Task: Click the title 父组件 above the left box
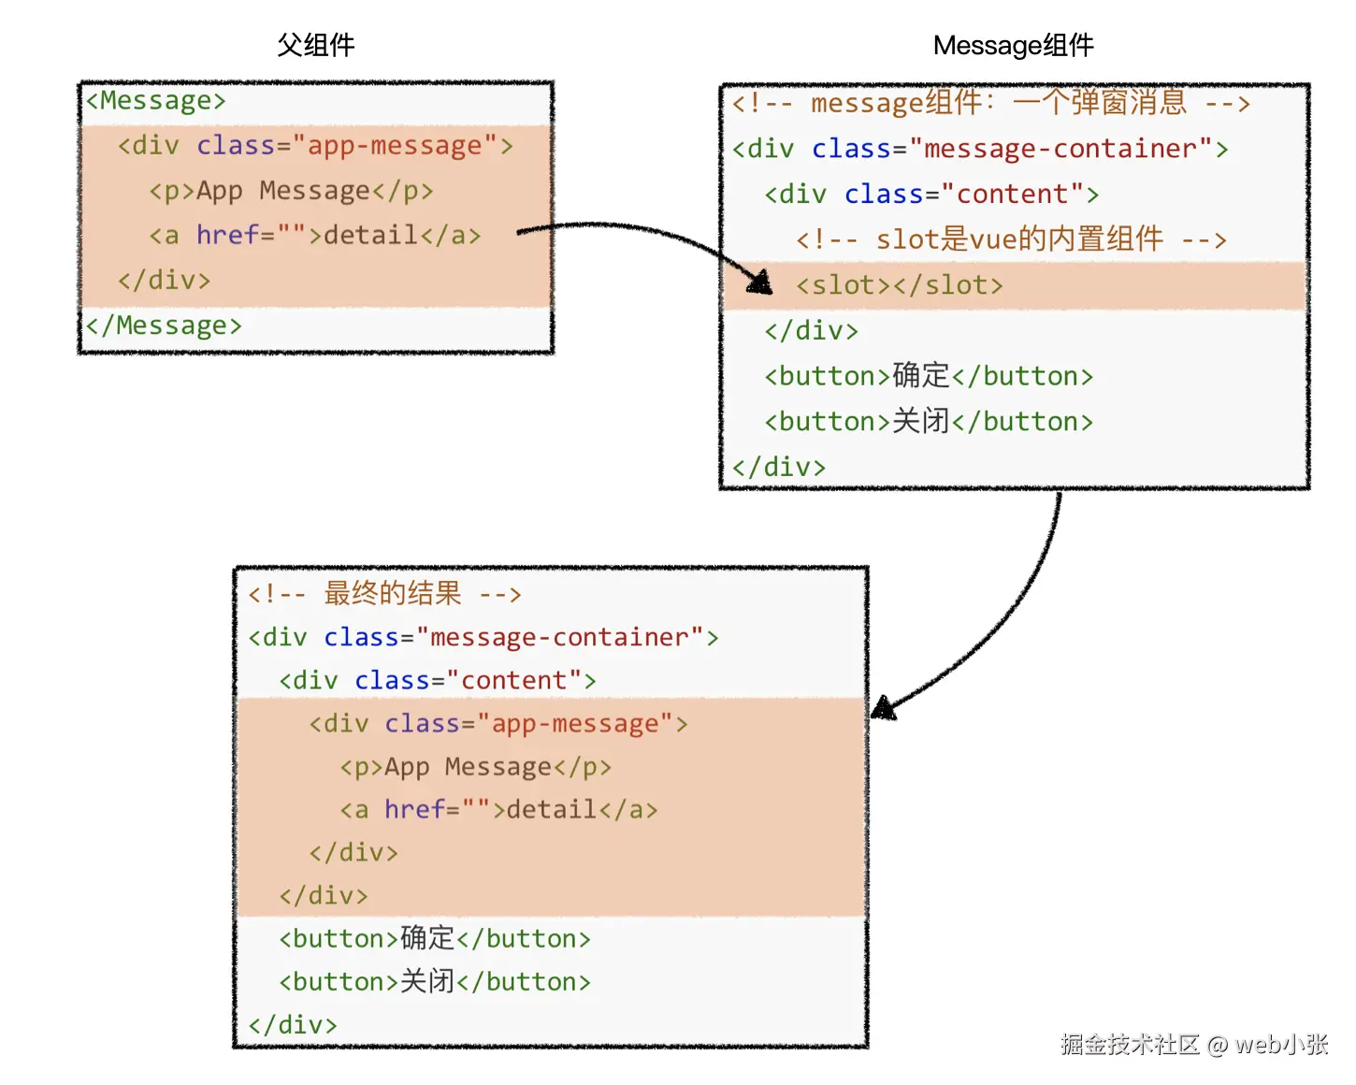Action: (x=315, y=45)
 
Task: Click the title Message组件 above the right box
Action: (x=1013, y=45)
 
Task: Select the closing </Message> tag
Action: (x=164, y=325)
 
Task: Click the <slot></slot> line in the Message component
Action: (x=899, y=285)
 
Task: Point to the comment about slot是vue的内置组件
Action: (x=1010, y=239)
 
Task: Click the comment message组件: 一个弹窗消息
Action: (x=990, y=103)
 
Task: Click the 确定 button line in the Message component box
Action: (x=929, y=376)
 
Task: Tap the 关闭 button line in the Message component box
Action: (x=929, y=422)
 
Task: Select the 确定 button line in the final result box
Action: (x=435, y=938)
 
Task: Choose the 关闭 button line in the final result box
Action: (x=435, y=981)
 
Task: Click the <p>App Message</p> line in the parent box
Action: (x=291, y=191)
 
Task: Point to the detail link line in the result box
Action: (x=498, y=809)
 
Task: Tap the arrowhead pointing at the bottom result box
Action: (x=883, y=708)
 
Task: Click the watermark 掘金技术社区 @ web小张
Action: (x=1194, y=1044)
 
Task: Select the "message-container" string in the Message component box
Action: (x=1060, y=149)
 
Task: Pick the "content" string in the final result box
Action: (x=513, y=680)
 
